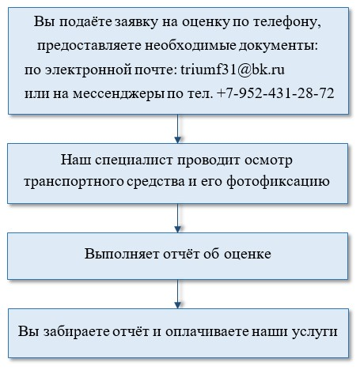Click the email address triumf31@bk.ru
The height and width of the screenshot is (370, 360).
[233, 70]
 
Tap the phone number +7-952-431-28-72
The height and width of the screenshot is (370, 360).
[275, 93]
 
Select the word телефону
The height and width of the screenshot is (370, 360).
[287, 22]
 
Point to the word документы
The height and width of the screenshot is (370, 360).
[279, 46]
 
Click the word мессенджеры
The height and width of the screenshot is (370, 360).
[119, 93]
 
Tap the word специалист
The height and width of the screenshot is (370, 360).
[134, 160]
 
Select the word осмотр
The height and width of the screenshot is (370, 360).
[268, 160]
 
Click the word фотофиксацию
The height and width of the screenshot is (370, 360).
[278, 182]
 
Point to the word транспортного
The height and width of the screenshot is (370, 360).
[74, 182]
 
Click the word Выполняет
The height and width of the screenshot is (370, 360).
[122, 254]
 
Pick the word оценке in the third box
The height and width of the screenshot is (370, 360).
[248, 254]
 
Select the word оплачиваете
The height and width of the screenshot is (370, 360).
[207, 331]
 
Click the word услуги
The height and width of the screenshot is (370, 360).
[315, 332]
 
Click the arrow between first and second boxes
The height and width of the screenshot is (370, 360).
[178, 129]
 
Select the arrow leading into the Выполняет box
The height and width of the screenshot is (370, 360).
[178, 218]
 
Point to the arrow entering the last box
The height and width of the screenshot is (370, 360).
[178, 294]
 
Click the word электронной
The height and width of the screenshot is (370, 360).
[88, 70]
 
